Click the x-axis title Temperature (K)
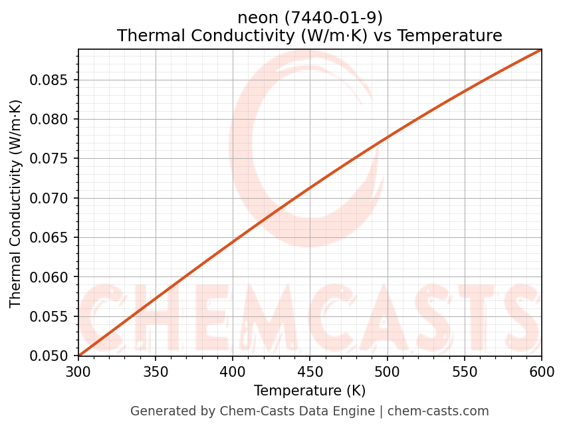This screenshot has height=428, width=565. pos(310,390)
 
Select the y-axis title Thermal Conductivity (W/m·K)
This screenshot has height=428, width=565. pos(16,203)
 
